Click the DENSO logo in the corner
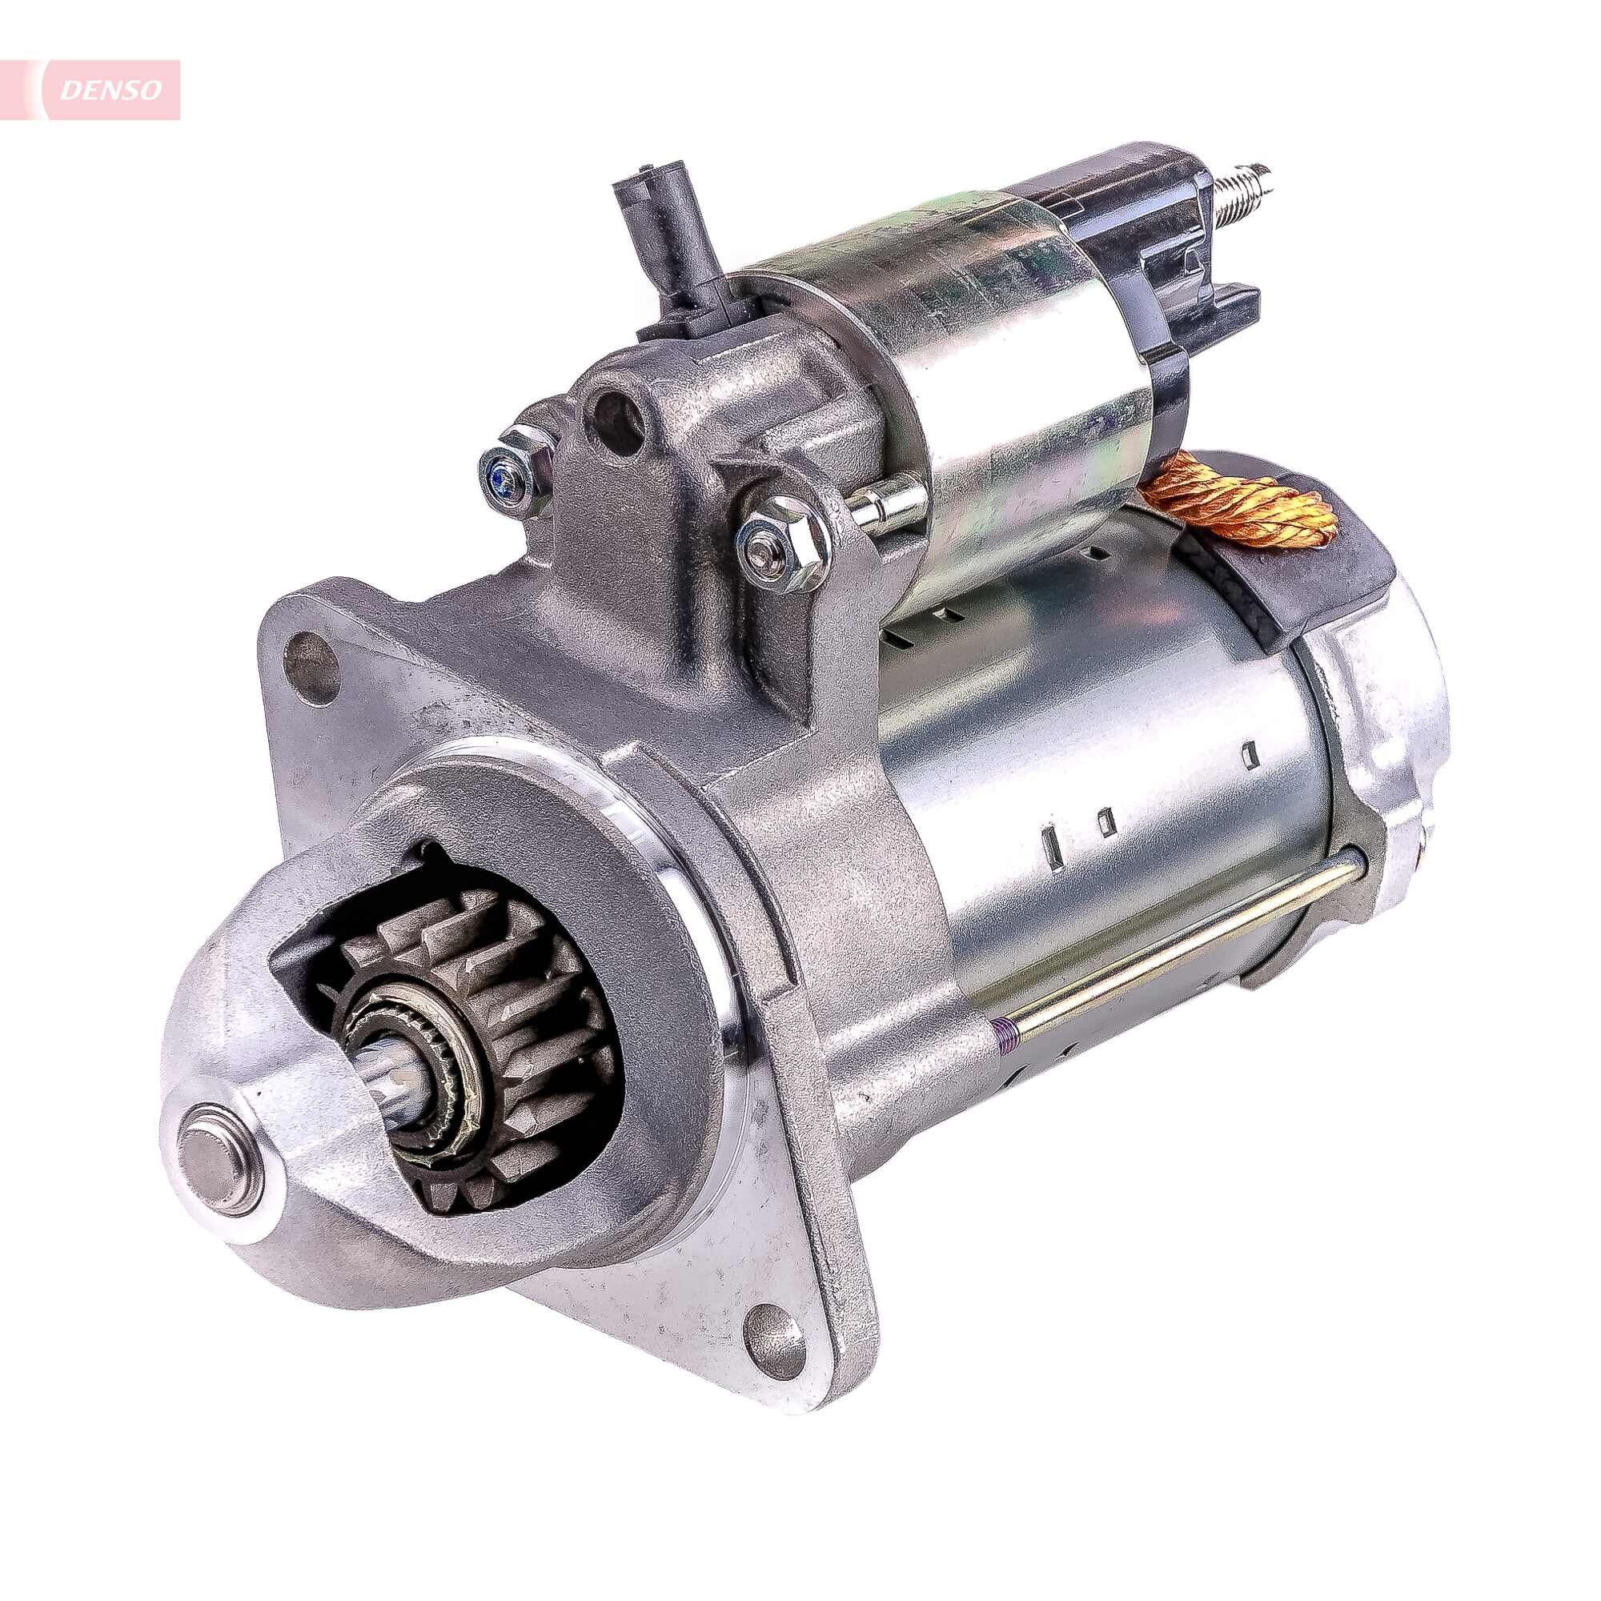[110, 90]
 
